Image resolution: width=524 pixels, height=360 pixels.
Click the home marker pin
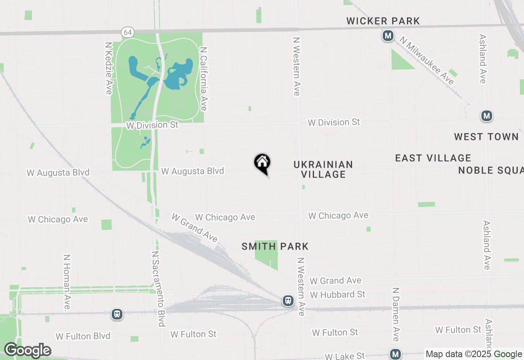click(x=262, y=163)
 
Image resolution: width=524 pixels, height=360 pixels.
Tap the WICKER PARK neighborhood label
click(x=383, y=21)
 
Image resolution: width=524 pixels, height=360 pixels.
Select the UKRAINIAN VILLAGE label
click(x=323, y=169)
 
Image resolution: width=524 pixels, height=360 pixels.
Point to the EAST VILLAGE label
click(x=433, y=158)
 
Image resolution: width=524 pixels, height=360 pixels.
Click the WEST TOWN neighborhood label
click(x=486, y=137)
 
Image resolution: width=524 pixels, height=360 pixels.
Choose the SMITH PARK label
click(x=275, y=246)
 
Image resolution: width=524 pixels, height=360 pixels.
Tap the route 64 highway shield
click(x=127, y=32)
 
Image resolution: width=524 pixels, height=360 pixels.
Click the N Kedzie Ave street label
click(x=108, y=68)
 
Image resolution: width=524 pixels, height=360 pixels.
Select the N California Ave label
click(x=203, y=78)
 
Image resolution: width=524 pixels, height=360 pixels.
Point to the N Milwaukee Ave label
click(x=427, y=61)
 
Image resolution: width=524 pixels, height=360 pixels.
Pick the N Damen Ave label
click(x=395, y=314)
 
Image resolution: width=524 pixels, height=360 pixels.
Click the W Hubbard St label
click(x=337, y=295)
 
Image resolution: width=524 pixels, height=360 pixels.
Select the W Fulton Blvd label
click(x=83, y=336)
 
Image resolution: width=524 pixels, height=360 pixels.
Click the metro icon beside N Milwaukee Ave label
click(x=388, y=36)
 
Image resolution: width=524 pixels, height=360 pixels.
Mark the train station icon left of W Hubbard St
click(x=288, y=301)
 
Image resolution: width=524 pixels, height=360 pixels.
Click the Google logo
click(x=27, y=351)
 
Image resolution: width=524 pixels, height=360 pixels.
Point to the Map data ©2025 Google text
click(x=474, y=354)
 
